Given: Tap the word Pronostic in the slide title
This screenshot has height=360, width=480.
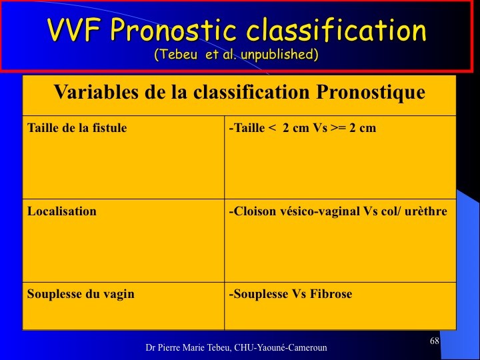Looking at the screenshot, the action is tap(173, 29).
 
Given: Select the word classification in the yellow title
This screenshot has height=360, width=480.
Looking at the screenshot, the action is tap(337, 29).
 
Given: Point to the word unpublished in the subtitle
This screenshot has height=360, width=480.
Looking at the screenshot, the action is tap(279, 55).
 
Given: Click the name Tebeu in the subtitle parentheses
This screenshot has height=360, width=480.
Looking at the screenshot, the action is tap(177, 55).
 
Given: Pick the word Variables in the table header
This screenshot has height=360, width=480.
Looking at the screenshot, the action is tap(96, 91).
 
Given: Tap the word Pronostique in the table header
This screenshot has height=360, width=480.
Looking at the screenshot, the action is tap(371, 92).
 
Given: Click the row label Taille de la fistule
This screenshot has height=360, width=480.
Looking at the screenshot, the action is tap(77, 127).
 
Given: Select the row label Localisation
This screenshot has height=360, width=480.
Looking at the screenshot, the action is tap(62, 211).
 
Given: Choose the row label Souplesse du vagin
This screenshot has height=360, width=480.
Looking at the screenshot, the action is tap(81, 294).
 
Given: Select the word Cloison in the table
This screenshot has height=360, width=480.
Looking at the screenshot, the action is tap(255, 211).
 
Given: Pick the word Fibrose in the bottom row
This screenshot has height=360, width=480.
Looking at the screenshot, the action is tap(331, 294).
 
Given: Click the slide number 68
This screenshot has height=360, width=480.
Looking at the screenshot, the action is tap(435, 341).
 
